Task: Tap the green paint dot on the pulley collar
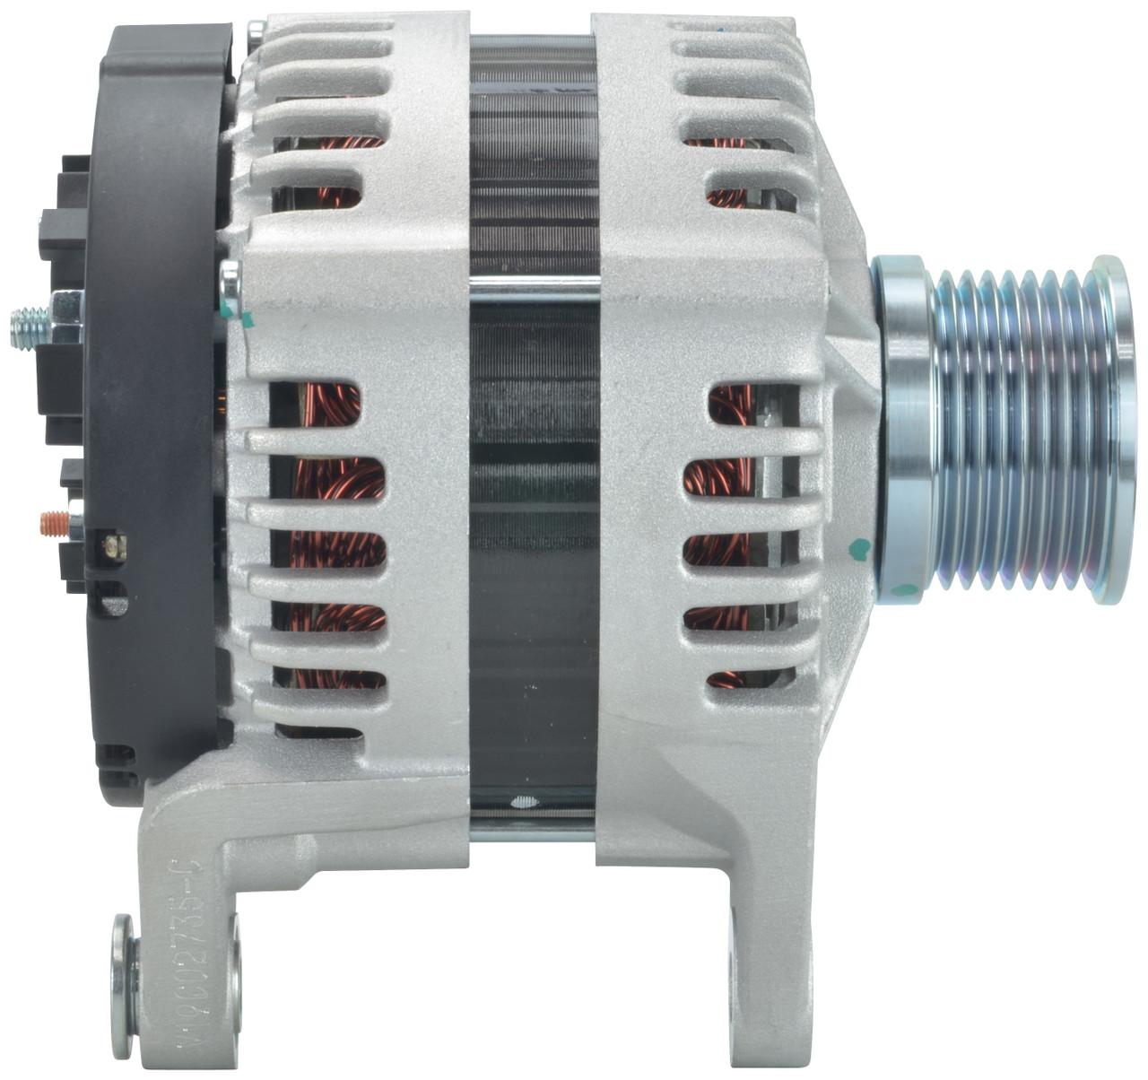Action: (x=908, y=589)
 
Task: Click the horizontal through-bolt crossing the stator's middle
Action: (x=535, y=287)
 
